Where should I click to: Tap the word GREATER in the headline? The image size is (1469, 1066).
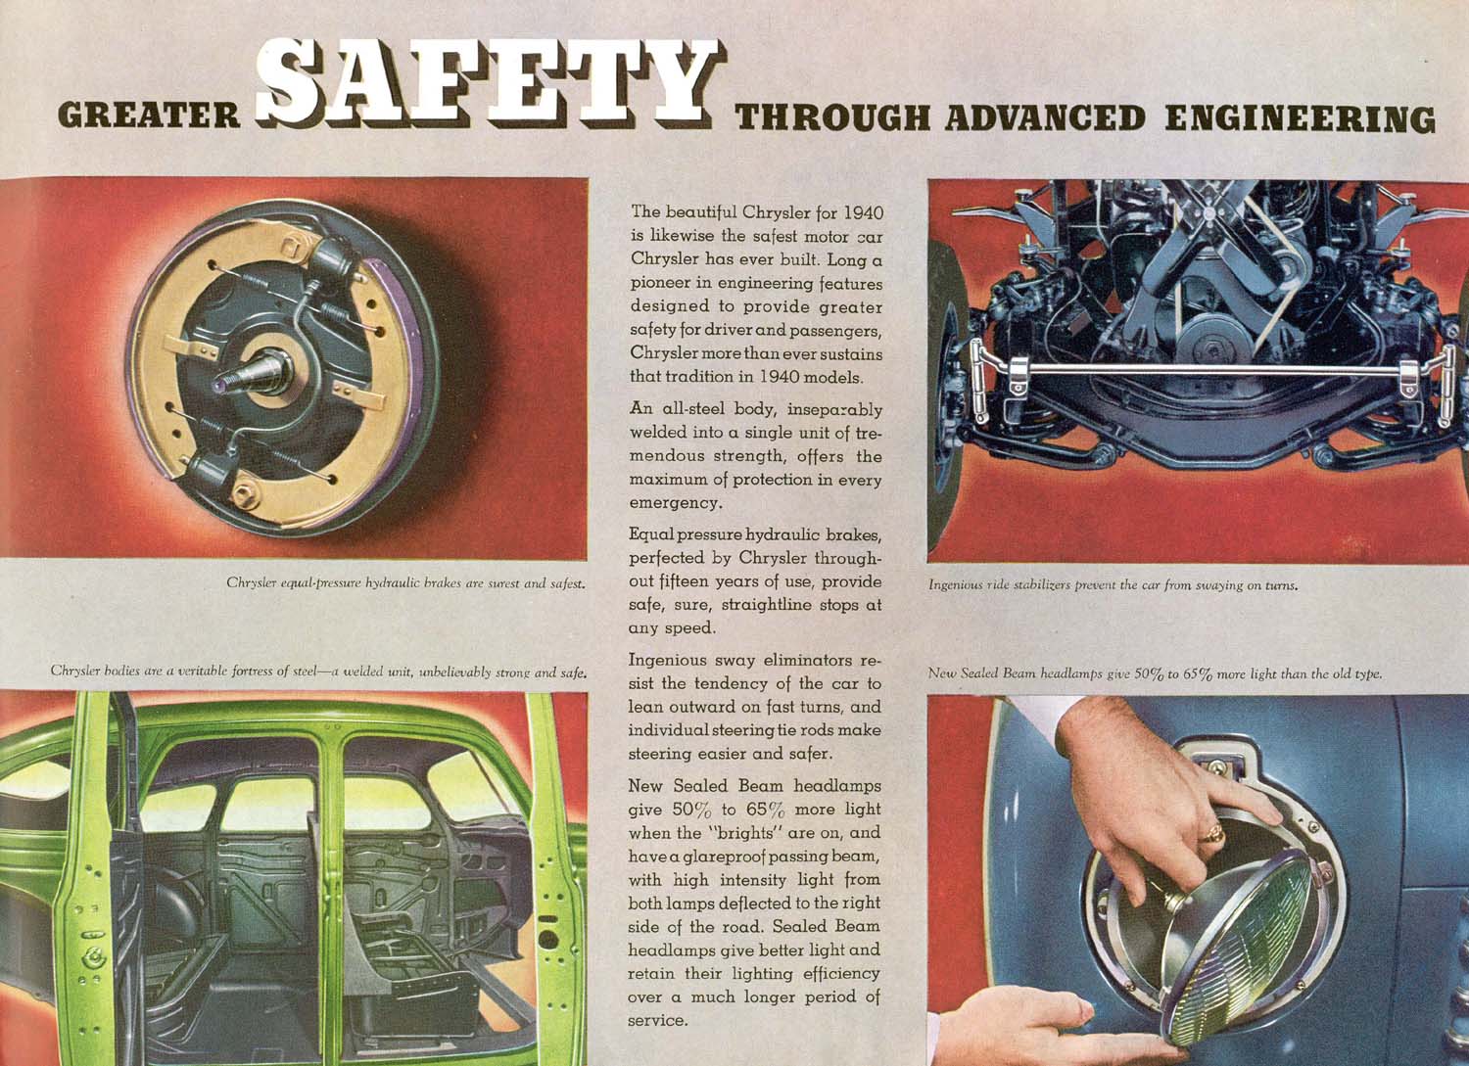pyautogui.click(x=149, y=116)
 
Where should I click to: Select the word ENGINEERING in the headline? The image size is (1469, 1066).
pyautogui.click(x=1301, y=118)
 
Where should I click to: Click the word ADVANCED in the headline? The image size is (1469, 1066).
pyautogui.click(x=1045, y=118)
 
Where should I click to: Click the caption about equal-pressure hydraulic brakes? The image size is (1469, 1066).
pyautogui.click(x=405, y=582)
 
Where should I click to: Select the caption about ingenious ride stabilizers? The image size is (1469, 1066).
pyautogui.click(x=1113, y=584)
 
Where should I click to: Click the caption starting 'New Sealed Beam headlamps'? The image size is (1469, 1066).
pyautogui.click(x=1155, y=673)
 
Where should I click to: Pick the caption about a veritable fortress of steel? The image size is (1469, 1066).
pyautogui.click(x=318, y=672)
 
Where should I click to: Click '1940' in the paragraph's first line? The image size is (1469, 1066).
pyautogui.click(x=863, y=212)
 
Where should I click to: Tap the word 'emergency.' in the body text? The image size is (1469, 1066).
pyautogui.click(x=676, y=503)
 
